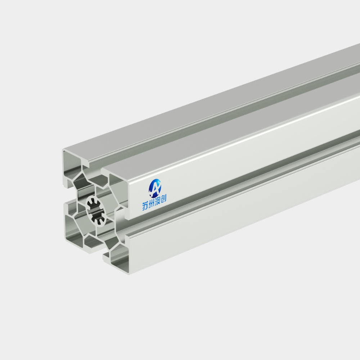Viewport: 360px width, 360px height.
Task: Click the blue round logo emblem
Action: pos(155,188)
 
